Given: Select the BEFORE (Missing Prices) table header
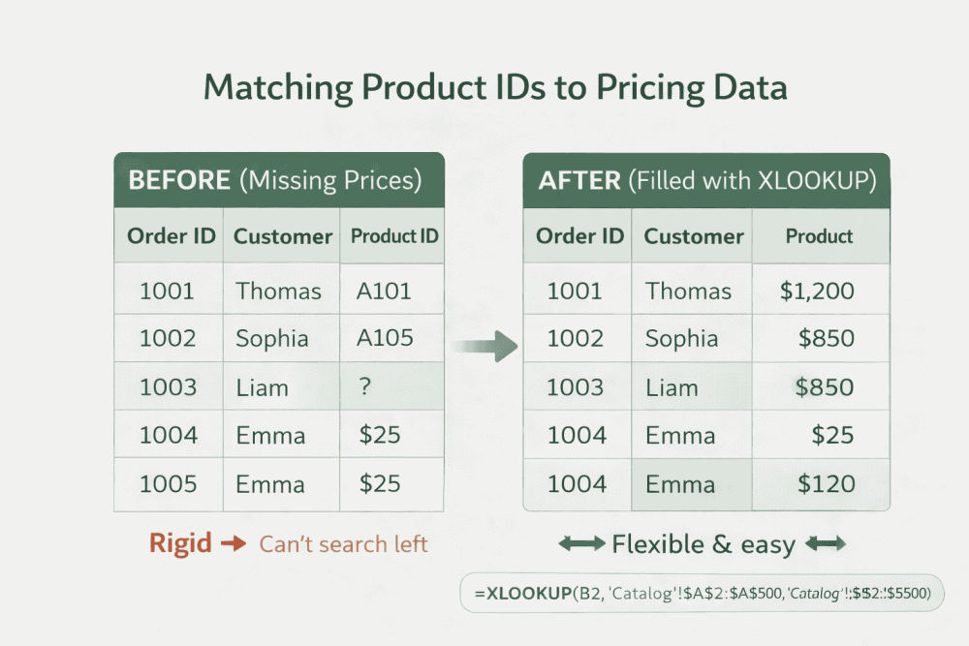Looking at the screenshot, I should [x=278, y=180].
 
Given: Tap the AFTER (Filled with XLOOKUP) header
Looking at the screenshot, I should [x=706, y=181].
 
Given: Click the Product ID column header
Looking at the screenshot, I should [x=393, y=236].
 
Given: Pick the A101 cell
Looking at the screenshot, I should [x=385, y=291].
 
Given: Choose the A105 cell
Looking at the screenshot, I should [x=385, y=338].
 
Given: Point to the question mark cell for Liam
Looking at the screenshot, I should [x=364, y=386].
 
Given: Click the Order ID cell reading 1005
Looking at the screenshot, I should [x=168, y=484].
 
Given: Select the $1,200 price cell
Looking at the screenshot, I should [x=816, y=291].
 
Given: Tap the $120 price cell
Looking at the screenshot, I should [x=826, y=484].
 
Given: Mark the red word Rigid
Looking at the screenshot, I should [x=180, y=543].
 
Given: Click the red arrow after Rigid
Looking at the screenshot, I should [x=234, y=544].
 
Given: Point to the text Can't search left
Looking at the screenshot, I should [x=343, y=544].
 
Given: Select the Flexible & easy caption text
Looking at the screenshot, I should [x=703, y=545].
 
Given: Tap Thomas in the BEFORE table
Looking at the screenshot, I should [x=278, y=291].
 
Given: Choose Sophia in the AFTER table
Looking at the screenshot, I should [x=681, y=338].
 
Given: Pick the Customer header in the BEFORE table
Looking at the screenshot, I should [x=283, y=236].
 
